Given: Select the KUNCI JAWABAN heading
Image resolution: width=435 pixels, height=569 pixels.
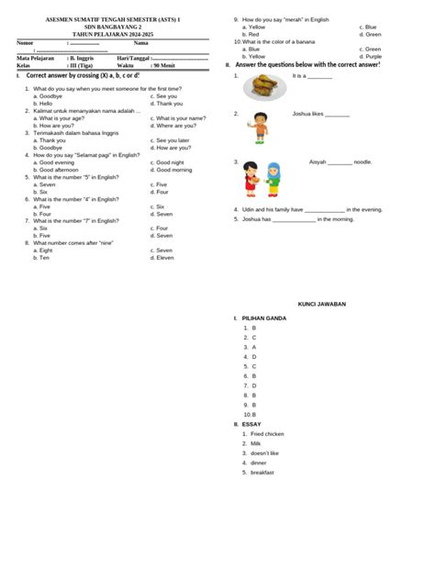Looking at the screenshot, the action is coord(320,303).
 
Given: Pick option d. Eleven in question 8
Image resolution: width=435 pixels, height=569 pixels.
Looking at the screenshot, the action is coord(164,258).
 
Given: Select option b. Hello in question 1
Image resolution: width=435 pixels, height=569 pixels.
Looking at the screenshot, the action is coord(46,104).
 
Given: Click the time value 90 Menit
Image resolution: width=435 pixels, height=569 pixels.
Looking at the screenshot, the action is coord(169,66).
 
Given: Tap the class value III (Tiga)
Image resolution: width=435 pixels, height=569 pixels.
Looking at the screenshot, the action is coord(81,66).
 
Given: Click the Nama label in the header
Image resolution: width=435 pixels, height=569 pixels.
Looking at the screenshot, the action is coord(140,42).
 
